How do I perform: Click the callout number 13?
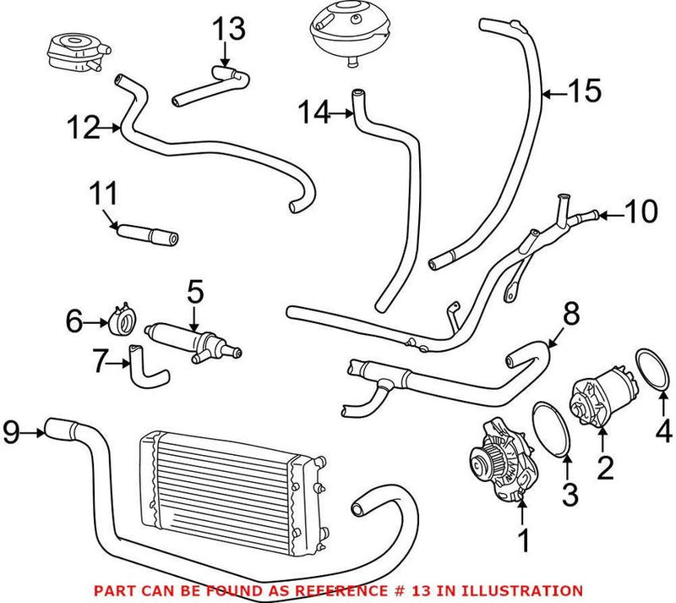click(x=228, y=30)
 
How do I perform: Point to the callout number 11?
click(x=104, y=195)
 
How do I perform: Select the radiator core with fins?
click(x=224, y=478)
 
